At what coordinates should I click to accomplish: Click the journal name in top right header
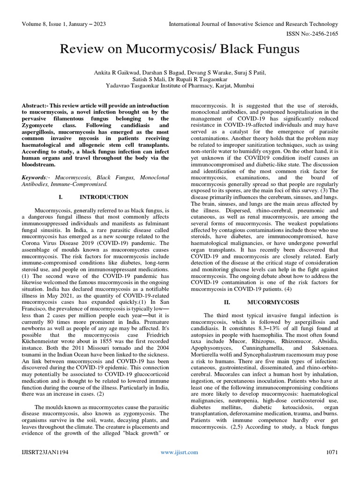[x=253, y=24]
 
